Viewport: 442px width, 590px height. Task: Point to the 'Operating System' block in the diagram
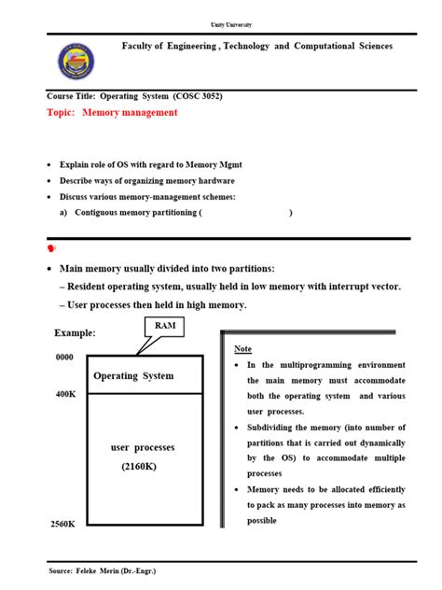point(133,375)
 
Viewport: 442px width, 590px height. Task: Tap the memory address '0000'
point(64,357)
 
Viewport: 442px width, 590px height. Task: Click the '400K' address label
point(65,395)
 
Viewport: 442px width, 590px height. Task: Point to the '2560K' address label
point(62,525)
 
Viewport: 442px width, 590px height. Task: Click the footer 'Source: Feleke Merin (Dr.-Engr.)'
point(116,569)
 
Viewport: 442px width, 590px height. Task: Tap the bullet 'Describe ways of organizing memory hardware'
point(147,180)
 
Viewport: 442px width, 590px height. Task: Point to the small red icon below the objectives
point(51,249)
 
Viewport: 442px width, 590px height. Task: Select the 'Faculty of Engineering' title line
point(257,46)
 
